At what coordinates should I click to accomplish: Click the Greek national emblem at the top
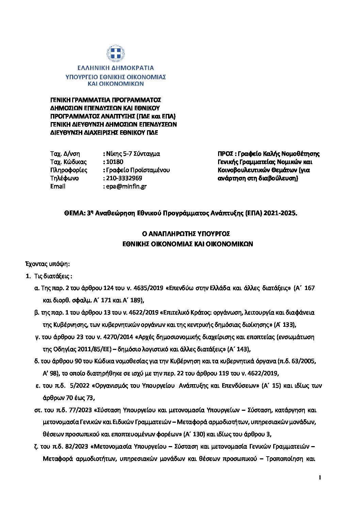[x=115, y=54]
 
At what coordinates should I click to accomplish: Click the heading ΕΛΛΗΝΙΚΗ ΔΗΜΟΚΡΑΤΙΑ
[x=115, y=68]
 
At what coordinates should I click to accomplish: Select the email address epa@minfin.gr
[x=126, y=186]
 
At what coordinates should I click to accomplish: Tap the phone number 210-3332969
[x=124, y=178]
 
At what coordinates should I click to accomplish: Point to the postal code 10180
[x=115, y=162]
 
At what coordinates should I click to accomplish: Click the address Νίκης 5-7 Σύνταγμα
[x=133, y=154]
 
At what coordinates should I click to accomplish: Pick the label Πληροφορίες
[x=69, y=170]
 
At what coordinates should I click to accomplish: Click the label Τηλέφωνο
[x=64, y=178]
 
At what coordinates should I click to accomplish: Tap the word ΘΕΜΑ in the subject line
[x=74, y=214]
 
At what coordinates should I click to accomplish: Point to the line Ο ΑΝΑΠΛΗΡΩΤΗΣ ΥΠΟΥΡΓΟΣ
[x=186, y=234]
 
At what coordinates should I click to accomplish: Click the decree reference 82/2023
[x=75, y=446]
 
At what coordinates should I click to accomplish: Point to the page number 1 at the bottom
[x=320, y=478]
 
